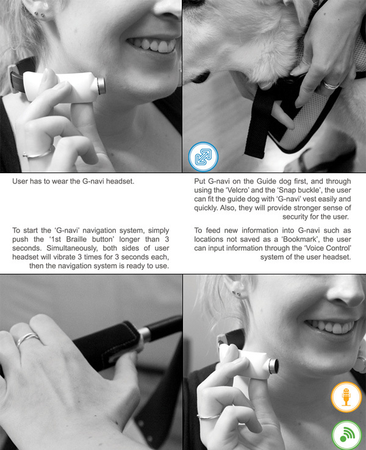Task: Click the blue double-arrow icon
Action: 203,157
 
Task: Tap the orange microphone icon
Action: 346,397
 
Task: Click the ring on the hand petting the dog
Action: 331,85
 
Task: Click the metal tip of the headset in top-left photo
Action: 101,86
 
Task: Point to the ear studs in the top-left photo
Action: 39,14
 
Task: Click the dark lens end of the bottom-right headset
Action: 274,366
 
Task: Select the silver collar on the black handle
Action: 145,335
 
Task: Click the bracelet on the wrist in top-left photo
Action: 39,154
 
